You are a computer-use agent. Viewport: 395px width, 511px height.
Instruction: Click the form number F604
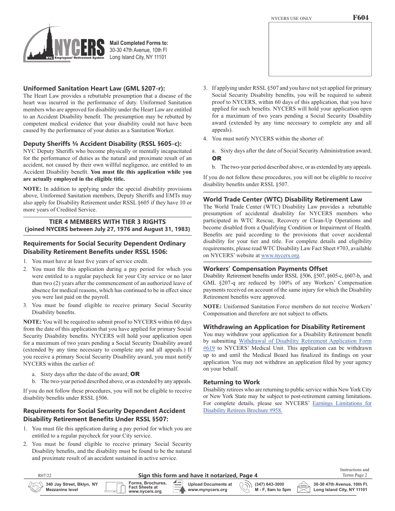point(360,18)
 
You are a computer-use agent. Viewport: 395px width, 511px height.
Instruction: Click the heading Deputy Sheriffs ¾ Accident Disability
point(102,143)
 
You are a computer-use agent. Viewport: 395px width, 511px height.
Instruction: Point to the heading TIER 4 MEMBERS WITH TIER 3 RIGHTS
point(107,221)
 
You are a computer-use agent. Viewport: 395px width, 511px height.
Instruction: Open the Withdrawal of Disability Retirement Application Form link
point(305,341)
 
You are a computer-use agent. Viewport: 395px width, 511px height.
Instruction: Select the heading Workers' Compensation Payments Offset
point(265,268)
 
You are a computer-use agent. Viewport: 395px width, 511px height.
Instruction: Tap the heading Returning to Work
point(231,382)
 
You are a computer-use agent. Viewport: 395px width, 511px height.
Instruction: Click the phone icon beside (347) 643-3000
point(246,487)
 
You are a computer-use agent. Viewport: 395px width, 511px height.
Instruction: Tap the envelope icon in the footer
point(304,487)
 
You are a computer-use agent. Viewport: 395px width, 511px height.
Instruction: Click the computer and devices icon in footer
point(116,487)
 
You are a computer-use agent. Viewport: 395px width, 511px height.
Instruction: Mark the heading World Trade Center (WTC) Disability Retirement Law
point(282,199)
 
